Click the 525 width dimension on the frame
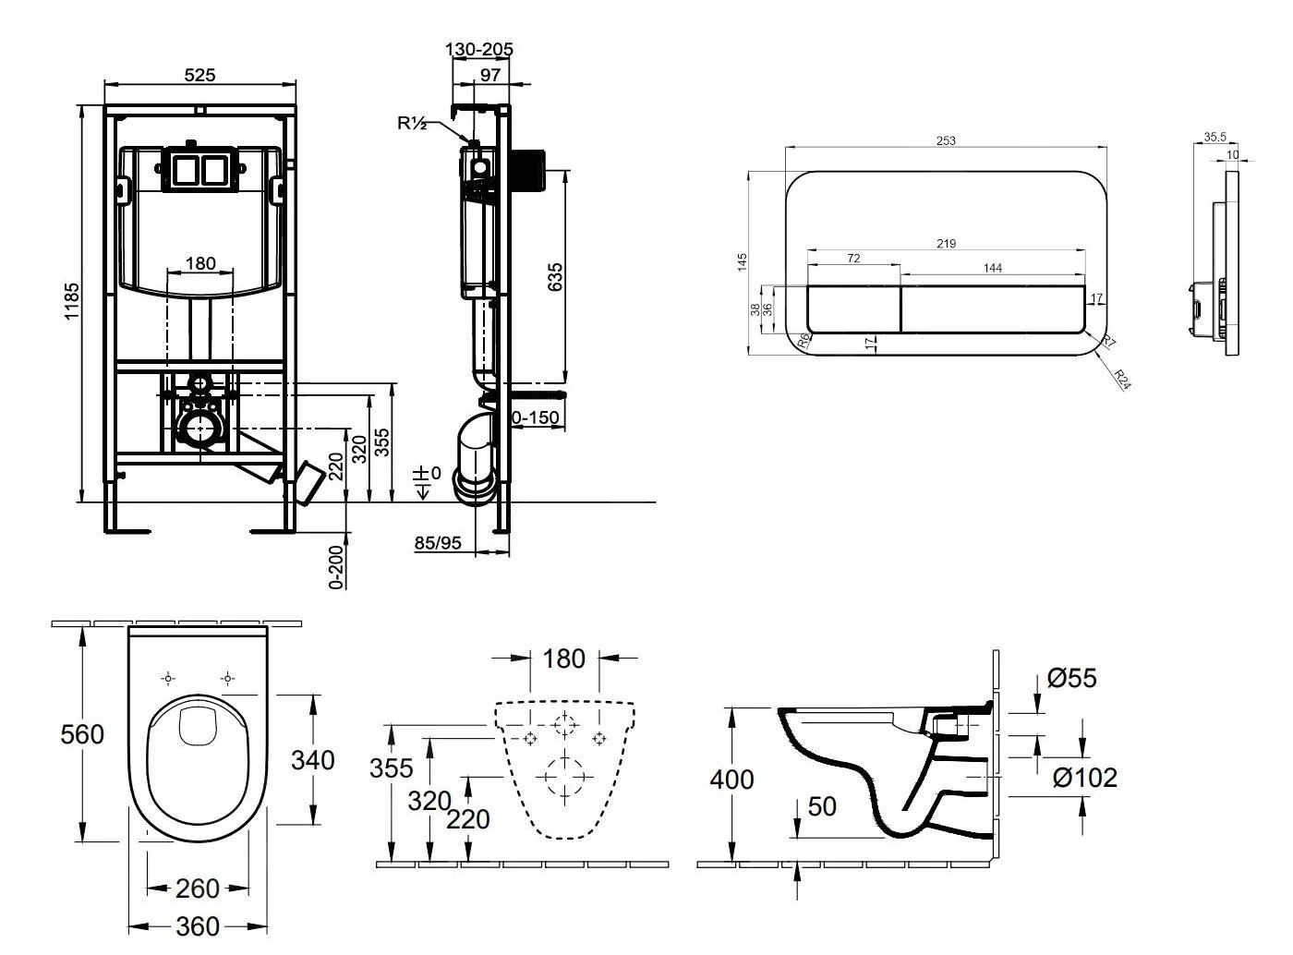click(x=199, y=75)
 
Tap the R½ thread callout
click(x=412, y=123)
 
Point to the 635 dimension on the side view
click(x=555, y=277)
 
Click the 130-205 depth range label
click(x=479, y=49)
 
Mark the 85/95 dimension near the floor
click(x=437, y=543)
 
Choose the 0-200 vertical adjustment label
click(x=337, y=565)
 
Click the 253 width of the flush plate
click(x=946, y=140)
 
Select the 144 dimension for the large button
click(x=992, y=268)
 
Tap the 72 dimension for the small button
click(x=852, y=259)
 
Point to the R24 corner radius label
click(x=1122, y=380)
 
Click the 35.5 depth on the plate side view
click(x=1214, y=137)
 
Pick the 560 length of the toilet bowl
click(x=82, y=735)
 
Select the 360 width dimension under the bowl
click(x=198, y=926)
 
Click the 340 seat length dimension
click(x=313, y=760)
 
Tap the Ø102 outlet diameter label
click(x=1085, y=779)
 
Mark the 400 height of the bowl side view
click(x=731, y=780)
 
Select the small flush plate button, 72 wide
click(x=853, y=308)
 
